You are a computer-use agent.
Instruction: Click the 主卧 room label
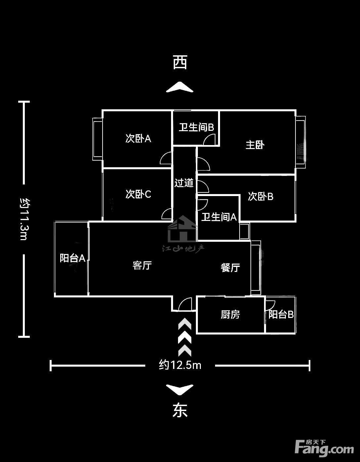[x=255, y=145]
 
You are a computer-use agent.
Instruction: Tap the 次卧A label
[x=138, y=139]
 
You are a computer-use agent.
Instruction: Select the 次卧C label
[x=138, y=194]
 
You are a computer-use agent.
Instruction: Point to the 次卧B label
[x=261, y=196]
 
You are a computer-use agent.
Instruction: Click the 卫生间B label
[x=196, y=127]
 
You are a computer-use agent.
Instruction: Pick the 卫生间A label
[x=219, y=217]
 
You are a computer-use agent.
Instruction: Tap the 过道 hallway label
[x=184, y=182]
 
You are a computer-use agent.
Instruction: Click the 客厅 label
[x=142, y=265]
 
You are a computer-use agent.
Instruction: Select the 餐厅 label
[x=230, y=268]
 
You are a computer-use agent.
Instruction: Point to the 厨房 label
[x=230, y=314]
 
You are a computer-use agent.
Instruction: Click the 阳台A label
[x=72, y=258]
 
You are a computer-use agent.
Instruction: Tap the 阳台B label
[x=281, y=314]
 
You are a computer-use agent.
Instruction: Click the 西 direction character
[x=180, y=62]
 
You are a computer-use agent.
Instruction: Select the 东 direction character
[x=180, y=410]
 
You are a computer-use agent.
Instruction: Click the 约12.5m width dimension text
[x=180, y=365]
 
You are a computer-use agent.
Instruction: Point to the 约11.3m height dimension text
[x=25, y=219]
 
